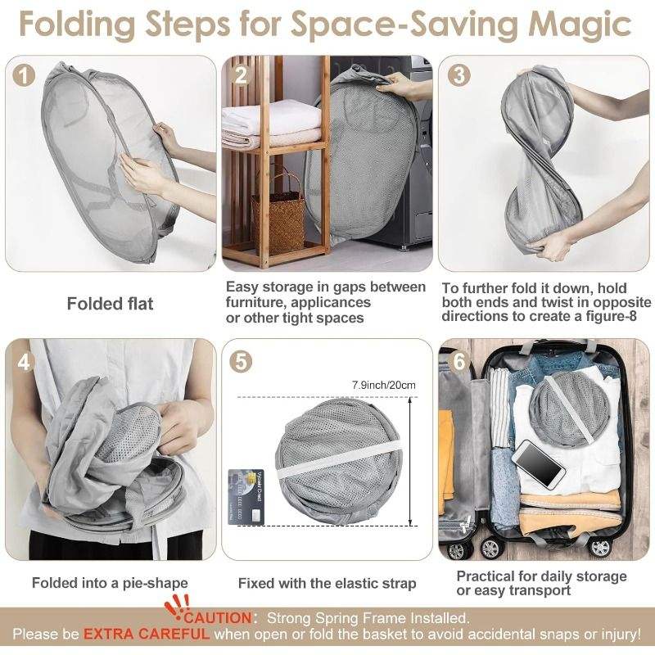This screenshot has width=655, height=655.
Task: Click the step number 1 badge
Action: point(24,75)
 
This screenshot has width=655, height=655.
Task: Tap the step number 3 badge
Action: point(458,75)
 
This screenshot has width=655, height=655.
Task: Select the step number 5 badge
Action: point(241,361)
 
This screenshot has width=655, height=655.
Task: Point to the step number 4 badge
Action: point(24,362)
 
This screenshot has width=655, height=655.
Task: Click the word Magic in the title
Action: point(580,24)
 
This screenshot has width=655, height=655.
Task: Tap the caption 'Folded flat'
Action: point(111,304)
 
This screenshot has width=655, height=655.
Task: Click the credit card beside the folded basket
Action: point(246,497)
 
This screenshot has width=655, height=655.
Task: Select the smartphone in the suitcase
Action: point(539,464)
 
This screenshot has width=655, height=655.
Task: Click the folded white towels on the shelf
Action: point(273,124)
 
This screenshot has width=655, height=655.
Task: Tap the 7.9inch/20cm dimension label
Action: point(384,385)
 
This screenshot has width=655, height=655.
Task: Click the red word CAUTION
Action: point(218,618)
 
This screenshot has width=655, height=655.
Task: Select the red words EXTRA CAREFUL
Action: point(147,634)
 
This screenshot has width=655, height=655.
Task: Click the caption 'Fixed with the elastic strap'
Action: point(327,583)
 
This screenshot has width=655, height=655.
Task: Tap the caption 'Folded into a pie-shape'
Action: point(110,583)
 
